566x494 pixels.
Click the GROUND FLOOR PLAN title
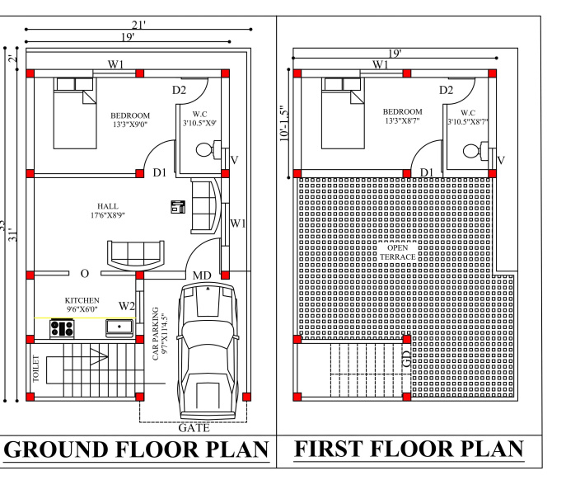pos(137,449)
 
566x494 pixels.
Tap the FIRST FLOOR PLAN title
pos(409,449)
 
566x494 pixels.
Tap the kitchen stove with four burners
pos(62,328)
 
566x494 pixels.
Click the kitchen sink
pos(119,327)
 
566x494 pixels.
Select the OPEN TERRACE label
pos(397,252)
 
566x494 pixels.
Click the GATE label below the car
pos(194,428)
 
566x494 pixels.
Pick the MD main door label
pos(202,275)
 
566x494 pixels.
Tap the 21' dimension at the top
pos(138,25)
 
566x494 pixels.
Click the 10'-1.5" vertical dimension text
pos(284,123)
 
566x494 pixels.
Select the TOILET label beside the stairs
pos(35,369)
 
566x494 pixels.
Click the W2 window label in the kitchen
pos(127,306)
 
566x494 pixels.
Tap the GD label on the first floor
pos(406,359)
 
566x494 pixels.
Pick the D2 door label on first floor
pos(447,90)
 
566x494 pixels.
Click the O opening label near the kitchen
pos(85,274)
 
